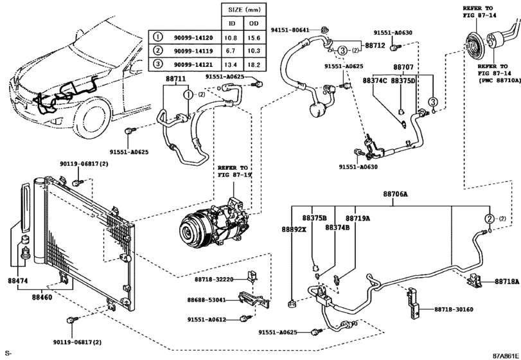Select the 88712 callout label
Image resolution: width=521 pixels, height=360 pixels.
[375, 46]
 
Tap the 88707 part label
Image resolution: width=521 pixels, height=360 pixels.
[403, 67]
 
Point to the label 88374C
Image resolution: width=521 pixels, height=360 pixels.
[375, 80]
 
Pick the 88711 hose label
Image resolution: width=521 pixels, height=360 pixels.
[175, 79]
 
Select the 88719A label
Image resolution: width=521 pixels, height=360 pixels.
[358, 219]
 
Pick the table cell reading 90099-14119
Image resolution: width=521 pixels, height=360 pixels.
[193, 50]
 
